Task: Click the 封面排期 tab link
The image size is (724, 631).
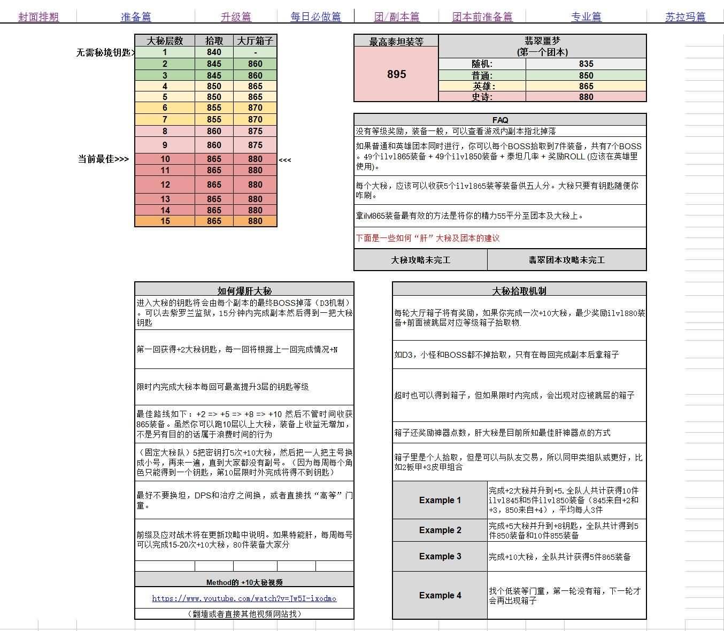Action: [x=38, y=17]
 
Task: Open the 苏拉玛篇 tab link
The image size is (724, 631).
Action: [x=685, y=17]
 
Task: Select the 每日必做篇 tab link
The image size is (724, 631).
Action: [x=315, y=17]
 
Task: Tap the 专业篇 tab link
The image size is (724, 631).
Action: [x=586, y=17]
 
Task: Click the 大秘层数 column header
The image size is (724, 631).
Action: [x=165, y=41]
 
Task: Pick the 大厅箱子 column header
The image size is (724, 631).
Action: [x=255, y=41]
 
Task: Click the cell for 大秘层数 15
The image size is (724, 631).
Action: [x=165, y=221]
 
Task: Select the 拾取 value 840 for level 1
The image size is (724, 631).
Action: [x=214, y=52]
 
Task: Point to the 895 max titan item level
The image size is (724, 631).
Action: [x=396, y=74]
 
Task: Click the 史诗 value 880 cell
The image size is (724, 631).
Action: [x=586, y=97]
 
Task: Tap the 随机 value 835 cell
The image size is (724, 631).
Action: [x=586, y=64]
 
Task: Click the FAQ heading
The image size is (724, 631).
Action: [x=500, y=120]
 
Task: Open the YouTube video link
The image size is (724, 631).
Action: [x=244, y=598]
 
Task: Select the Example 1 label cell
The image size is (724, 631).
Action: [x=440, y=500]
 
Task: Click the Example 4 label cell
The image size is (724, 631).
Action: [x=440, y=595]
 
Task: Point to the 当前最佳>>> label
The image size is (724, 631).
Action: [x=103, y=159]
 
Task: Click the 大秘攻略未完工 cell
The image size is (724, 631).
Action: [x=420, y=260]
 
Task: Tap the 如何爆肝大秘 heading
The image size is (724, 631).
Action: [x=244, y=291]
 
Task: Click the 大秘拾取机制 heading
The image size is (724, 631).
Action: [x=519, y=291]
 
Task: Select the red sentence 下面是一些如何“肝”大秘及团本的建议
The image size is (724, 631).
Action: [x=428, y=238]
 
